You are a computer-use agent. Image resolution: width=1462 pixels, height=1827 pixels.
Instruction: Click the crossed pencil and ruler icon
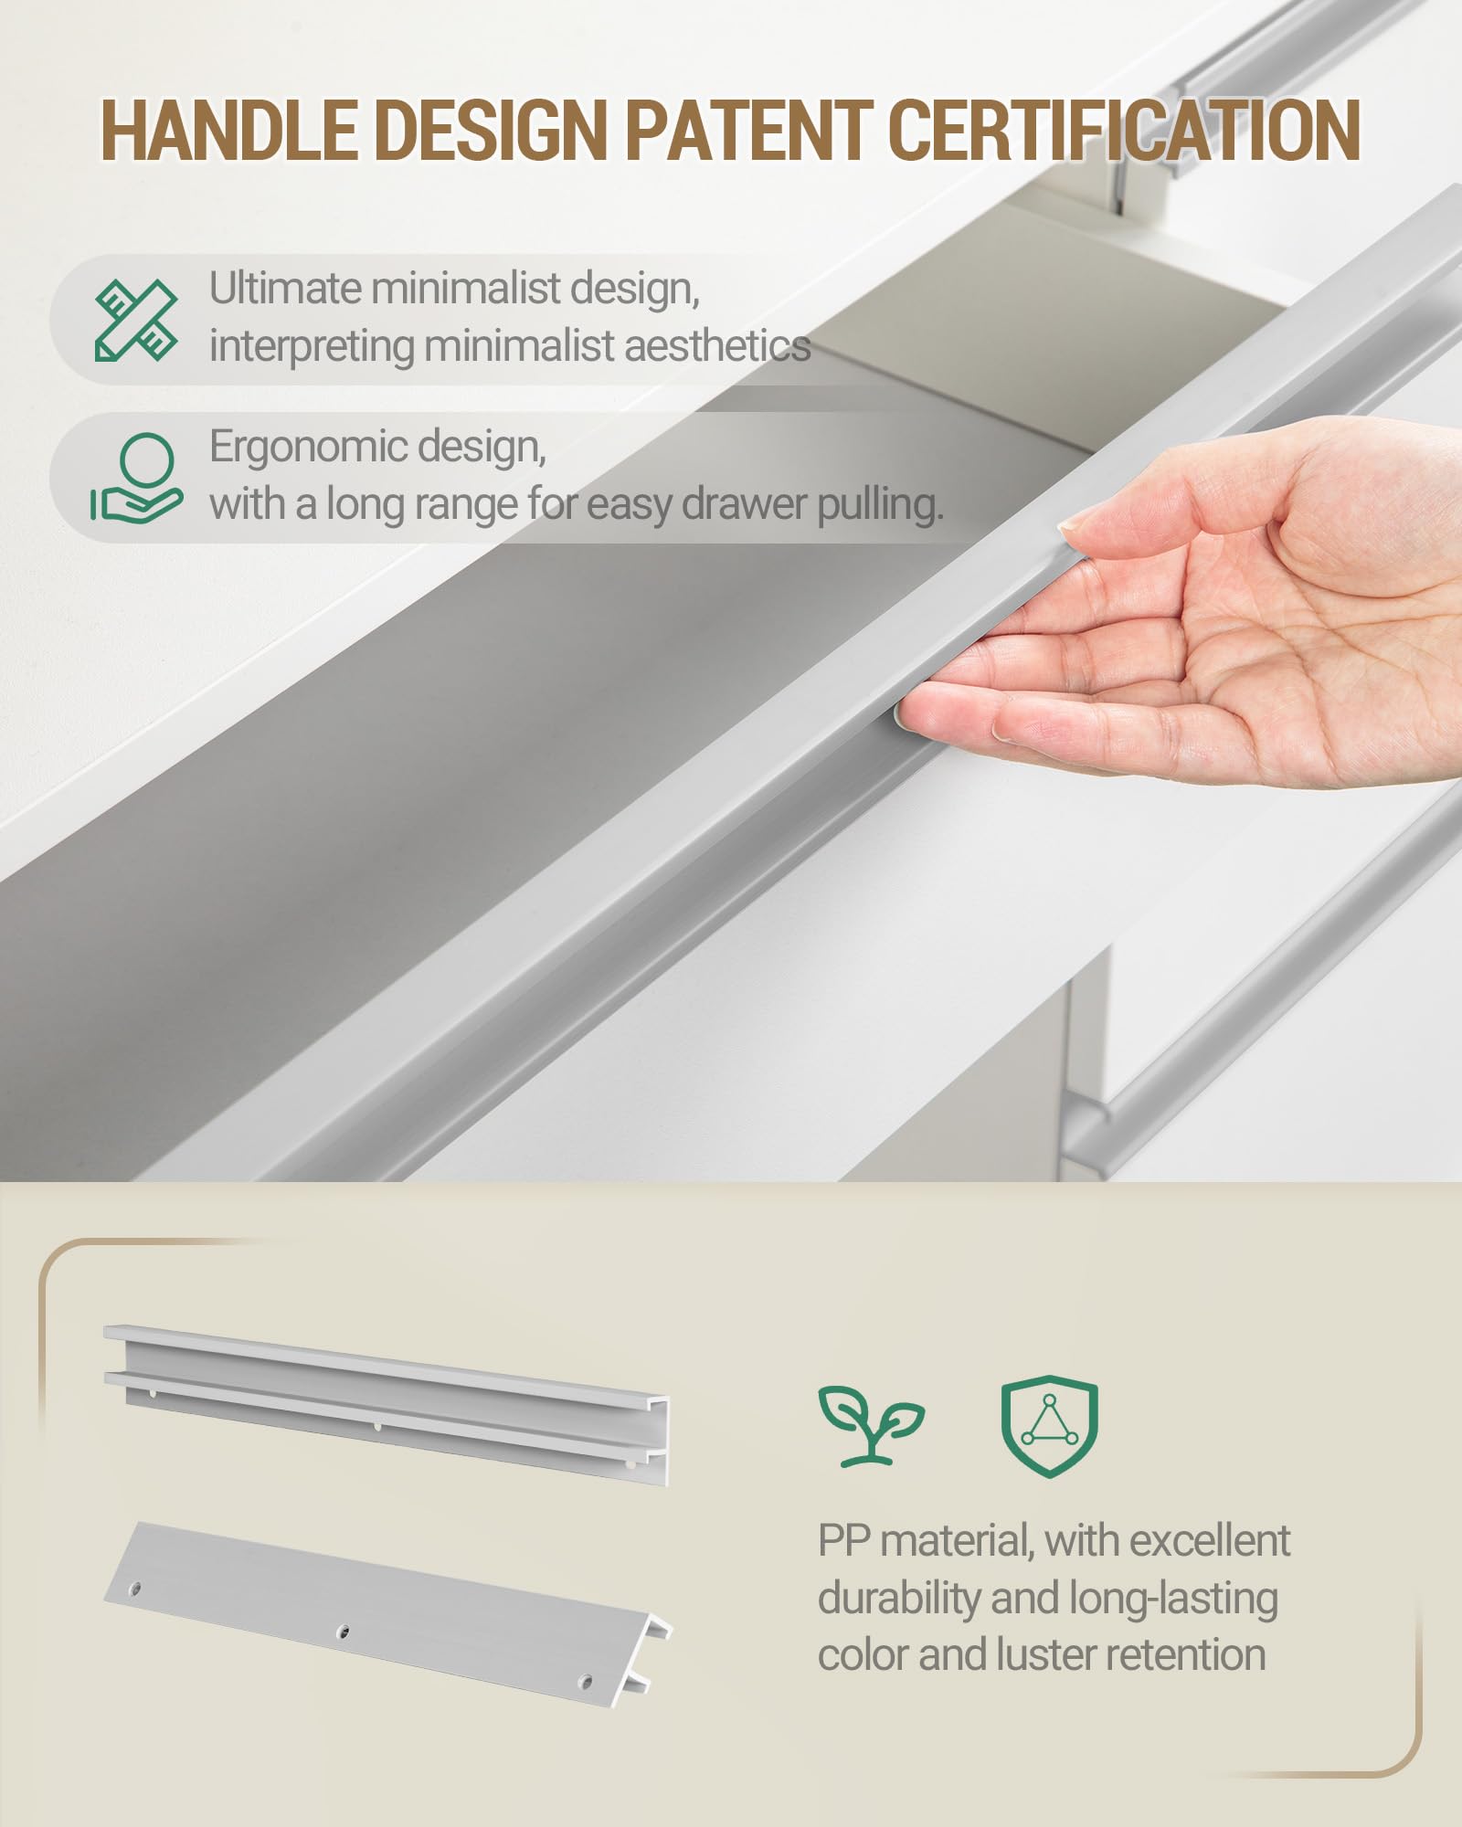(136, 320)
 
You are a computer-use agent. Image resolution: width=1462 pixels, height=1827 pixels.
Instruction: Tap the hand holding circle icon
(136, 477)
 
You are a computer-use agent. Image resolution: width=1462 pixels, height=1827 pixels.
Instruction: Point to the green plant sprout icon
(871, 1426)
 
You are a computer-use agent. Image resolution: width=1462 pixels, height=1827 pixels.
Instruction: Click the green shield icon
(1049, 1427)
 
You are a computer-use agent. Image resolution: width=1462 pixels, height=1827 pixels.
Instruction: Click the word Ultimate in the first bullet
(286, 288)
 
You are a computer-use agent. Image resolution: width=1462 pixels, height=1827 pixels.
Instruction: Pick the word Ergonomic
(309, 448)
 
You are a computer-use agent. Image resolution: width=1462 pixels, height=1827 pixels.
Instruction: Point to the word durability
(899, 1599)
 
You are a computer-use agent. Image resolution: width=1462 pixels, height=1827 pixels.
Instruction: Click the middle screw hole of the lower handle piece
(343, 1631)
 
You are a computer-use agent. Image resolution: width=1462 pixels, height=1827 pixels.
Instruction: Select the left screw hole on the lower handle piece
(135, 1589)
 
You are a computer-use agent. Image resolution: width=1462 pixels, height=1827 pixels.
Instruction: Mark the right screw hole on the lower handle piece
(587, 1681)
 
